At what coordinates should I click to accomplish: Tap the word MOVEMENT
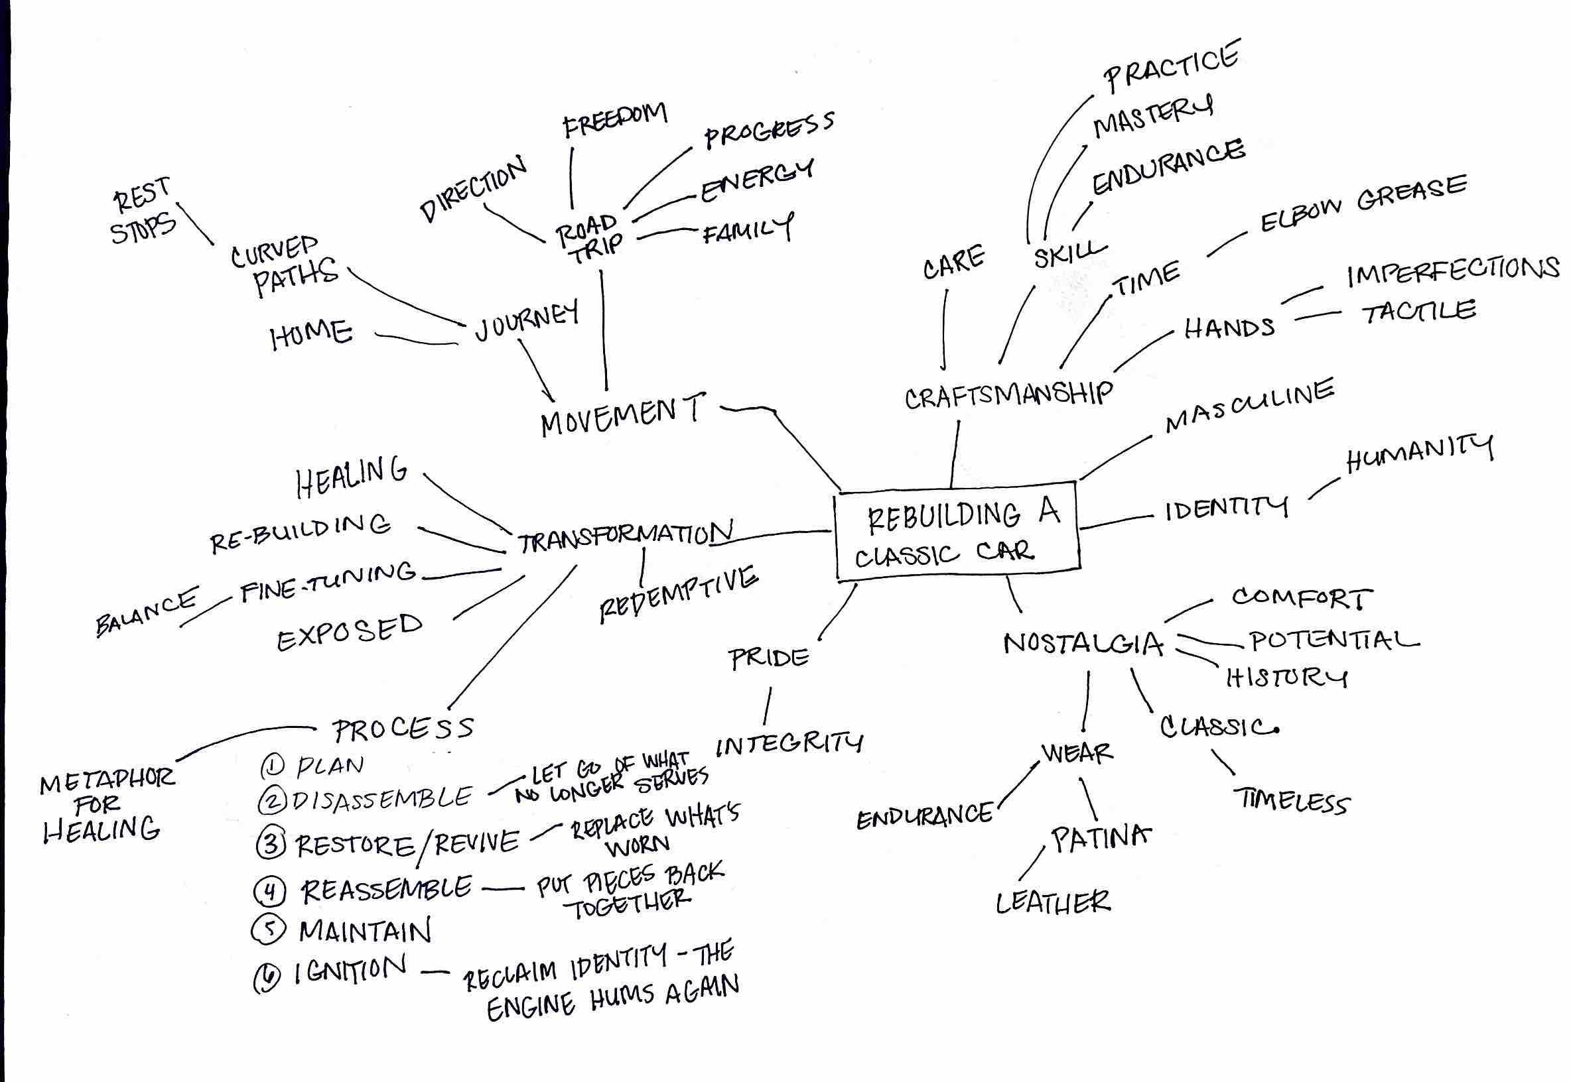click(x=623, y=415)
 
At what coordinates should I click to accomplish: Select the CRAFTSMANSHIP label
click(x=1008, y=394)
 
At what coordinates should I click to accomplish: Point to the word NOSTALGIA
click(x=1083, y=643)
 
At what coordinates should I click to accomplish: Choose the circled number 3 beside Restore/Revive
click(x=271, y=845)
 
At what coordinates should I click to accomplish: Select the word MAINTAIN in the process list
click(x=365, y=931)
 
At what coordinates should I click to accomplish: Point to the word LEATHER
click(x=1053, y=902)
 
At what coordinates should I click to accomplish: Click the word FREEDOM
click(x=615, y=120)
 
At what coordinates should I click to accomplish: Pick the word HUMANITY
click(x=1419, y=454)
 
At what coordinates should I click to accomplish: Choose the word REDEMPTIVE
click(x=678, y=595)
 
